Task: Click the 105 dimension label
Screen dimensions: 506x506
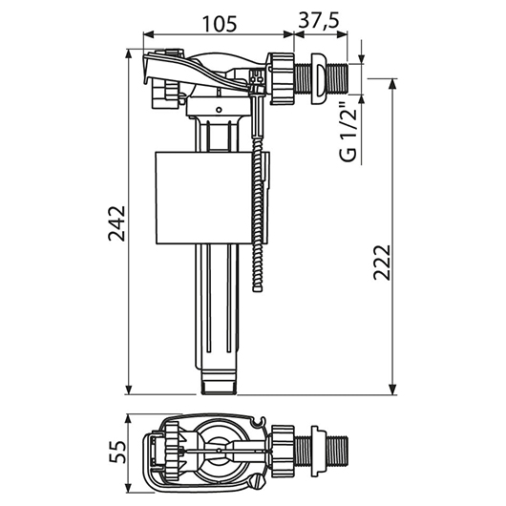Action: [220, 23]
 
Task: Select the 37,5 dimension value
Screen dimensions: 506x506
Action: [319, 21]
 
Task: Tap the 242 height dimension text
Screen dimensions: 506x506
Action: [116, 223]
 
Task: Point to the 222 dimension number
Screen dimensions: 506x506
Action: [382, 262]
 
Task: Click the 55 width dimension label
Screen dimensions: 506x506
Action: [116, 452]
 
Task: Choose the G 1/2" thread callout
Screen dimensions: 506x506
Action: [348, 133]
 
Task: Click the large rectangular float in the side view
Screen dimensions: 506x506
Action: [203, 198]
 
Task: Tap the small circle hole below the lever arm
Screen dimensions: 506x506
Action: [219, 110]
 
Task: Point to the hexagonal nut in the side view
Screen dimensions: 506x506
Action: [283, 79]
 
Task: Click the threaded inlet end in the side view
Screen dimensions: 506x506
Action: [339, 78]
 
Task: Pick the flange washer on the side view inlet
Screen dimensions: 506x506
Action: [320, 79]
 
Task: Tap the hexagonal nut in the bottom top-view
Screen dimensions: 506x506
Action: [283, 451]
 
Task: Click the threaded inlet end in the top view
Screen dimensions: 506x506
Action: [339, 451]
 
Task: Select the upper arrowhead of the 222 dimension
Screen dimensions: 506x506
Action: [392, 84]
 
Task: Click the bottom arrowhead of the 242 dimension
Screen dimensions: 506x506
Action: [129, 390]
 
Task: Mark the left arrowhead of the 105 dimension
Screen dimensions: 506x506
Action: [148, 33]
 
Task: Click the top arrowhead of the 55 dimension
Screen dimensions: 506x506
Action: [129, 420]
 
